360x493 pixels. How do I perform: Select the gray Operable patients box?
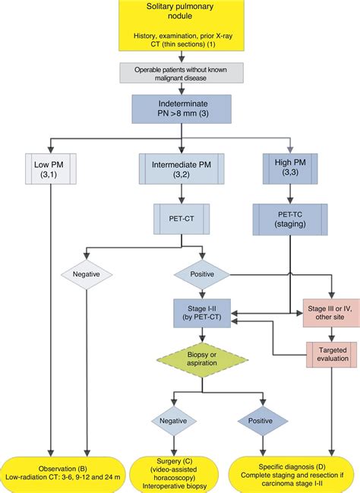(x=179, y=71)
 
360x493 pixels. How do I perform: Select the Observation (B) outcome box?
(x=67, y=471)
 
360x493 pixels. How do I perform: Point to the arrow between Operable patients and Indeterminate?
(x=179, y=88)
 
